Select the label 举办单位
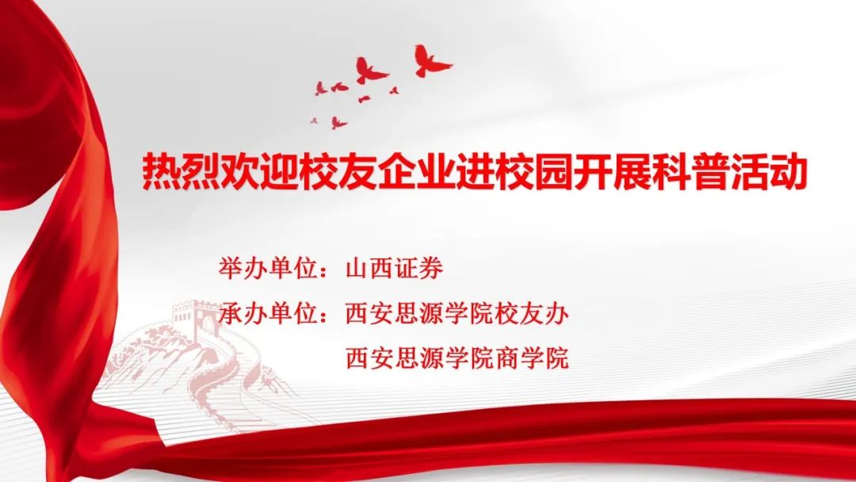[x=269, y=268]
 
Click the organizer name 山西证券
[x=395, y=268]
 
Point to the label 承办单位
[x=269, y=314]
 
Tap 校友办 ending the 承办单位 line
[x=532, y=314]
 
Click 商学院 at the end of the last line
[x=532, y=358]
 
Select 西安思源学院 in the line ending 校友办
[x=420, y=314]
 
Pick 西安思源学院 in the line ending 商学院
[x=420, y=358]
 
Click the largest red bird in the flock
[x=431, y=61]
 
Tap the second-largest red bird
[x=371, y=71]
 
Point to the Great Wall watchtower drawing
[x=194, y=319]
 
